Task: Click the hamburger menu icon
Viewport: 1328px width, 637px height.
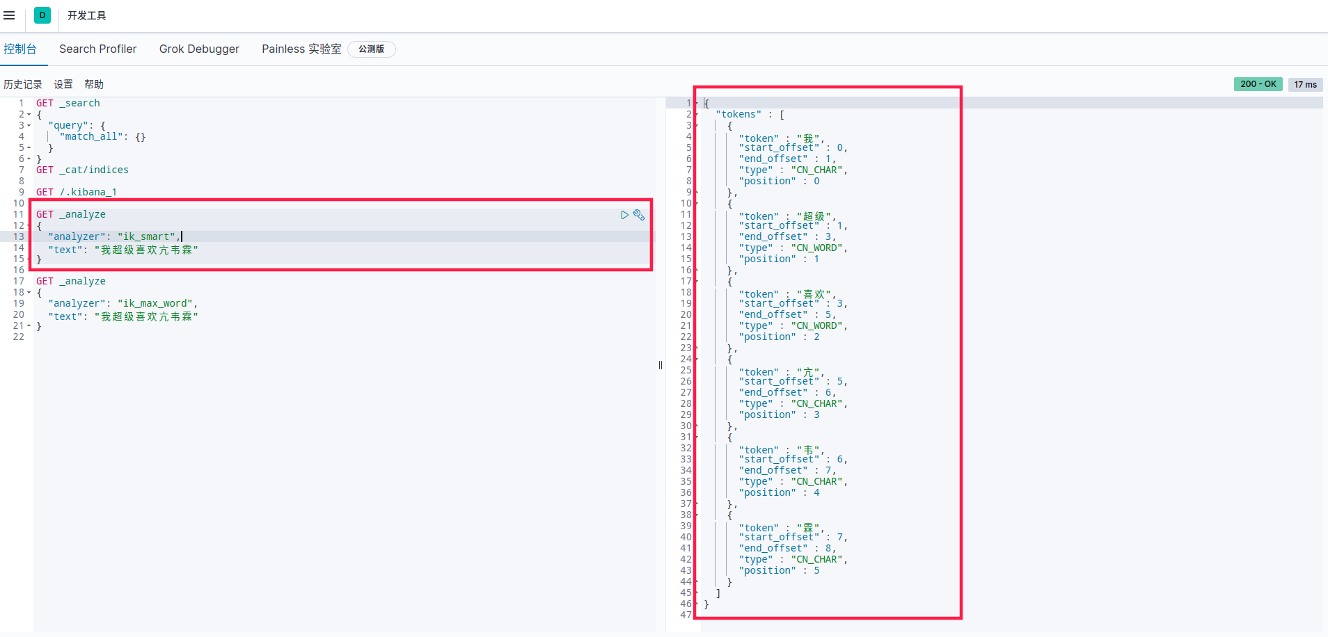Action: tap(9, 15)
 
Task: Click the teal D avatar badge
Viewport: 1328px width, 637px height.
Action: tap(42, 15)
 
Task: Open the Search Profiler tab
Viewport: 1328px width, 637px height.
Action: tap(98, 49)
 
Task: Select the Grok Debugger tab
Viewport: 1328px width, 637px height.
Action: tap(199, 49)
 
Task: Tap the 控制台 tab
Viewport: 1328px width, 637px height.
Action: tap(20, 49)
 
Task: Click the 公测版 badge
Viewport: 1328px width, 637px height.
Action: tap(372, 49)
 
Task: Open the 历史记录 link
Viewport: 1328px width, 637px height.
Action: tap(23, 84)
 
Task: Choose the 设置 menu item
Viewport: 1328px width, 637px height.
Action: tap(63, 84)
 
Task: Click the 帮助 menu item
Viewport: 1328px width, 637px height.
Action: tap(94, 84)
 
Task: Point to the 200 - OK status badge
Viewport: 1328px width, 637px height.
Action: tap(1258, 84)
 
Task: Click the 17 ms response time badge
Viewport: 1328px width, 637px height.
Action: tap(1306, 84)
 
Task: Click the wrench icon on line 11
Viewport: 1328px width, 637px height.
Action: tap(639, 215)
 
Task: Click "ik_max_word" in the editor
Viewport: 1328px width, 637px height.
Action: tap(155, 303)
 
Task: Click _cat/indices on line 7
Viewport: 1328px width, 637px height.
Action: tap(94, 170)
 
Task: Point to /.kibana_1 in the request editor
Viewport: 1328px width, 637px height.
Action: tap(88, 192)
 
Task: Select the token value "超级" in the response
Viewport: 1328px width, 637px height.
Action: tap(814, 216)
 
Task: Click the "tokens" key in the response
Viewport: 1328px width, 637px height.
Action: tap(738, 114)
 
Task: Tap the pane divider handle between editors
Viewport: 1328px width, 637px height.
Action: tap(661, 365)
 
